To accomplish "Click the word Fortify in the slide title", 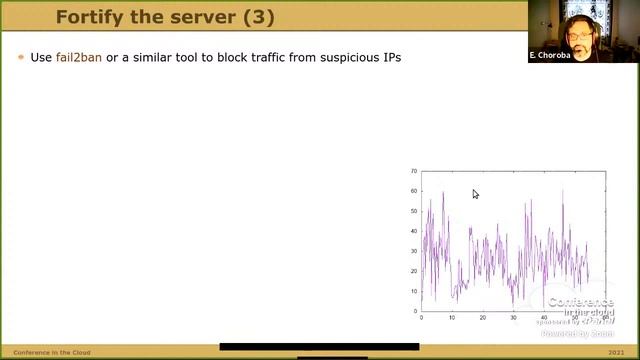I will (x=86, y=17).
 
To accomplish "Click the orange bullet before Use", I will (x=21, y=58).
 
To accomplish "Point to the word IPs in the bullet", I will (x=389, y=57).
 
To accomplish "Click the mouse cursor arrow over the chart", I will (x=475, y=194).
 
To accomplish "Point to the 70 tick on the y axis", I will (x=413, y=171).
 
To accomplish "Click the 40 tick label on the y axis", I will (x=413, y=231).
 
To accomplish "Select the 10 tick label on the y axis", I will (x=413, y=291).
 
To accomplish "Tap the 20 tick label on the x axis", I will (x=483, y=318).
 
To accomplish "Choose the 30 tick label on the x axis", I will (x=513, y=318).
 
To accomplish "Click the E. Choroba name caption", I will (x=548, y=55).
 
